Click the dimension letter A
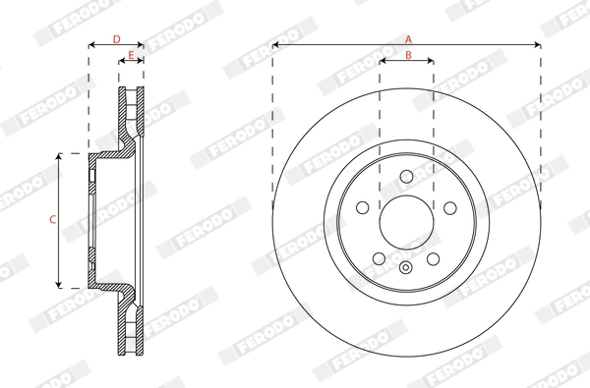(407, 38)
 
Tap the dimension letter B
(407, 55)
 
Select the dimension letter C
(52, 219)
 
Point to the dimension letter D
(116, 38)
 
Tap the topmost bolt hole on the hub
(406, 177)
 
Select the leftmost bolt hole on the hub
(362, 208)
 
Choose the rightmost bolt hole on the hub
(450, 208)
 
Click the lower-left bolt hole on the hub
(380, 258)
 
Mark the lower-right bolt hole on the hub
(433, 258)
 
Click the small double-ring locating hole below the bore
(406, 268)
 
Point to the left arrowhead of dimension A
(276, 45)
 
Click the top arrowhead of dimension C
(61, 157)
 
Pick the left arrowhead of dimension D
(92, 45)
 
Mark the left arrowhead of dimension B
(383, 62)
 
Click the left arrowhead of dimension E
(122, 62)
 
